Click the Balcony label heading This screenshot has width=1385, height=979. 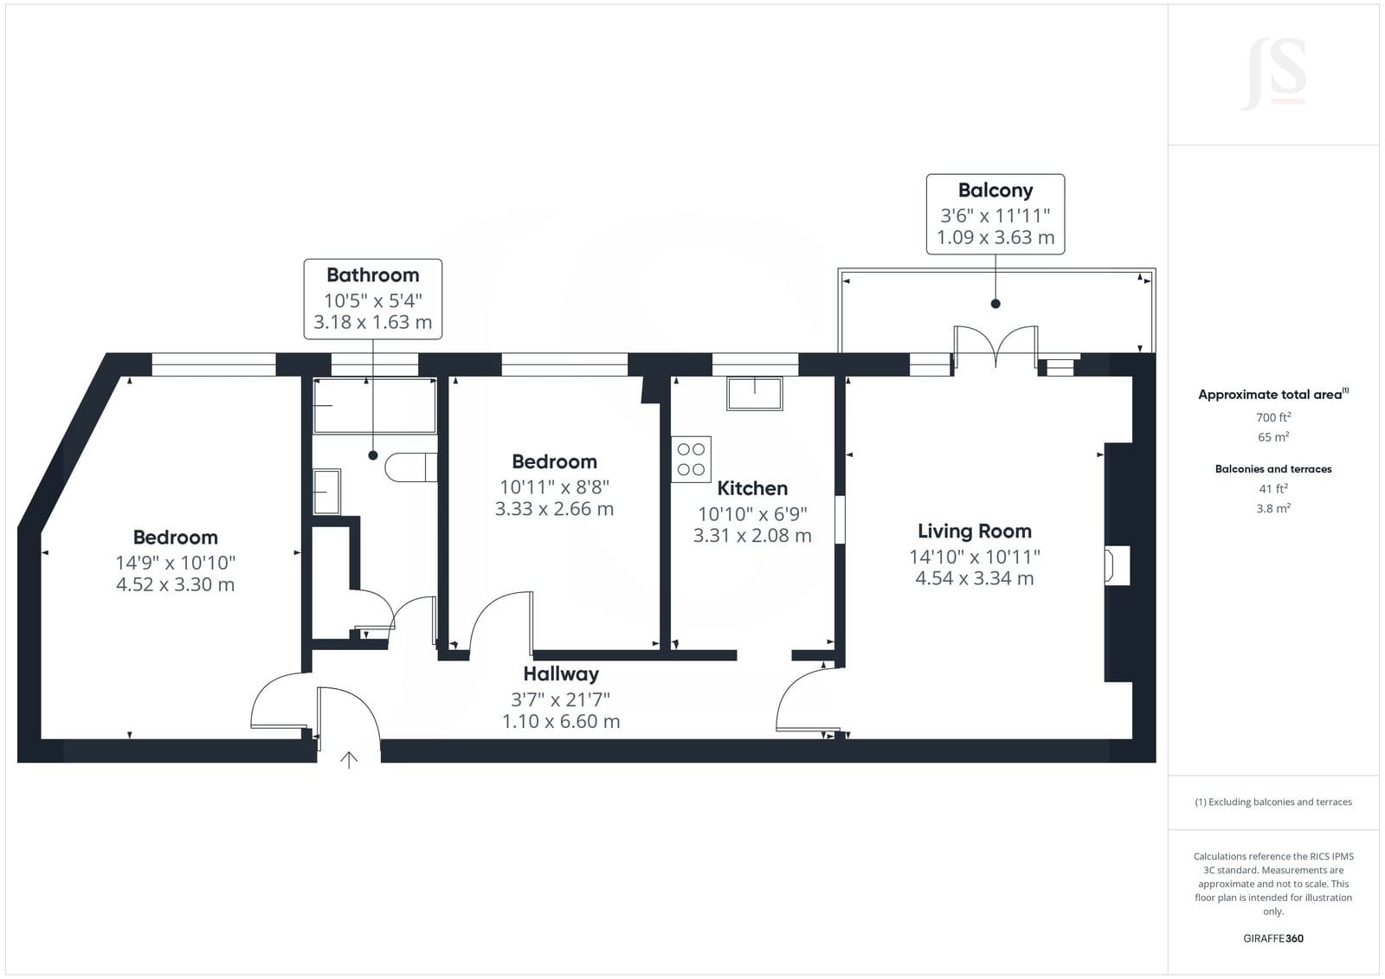(x=995, y=190)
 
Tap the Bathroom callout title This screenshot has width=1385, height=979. (x=373, y=275)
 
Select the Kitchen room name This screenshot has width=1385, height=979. (x=752, y=488)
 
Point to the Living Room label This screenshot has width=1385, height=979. (x=975, y=531)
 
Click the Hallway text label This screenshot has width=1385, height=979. (x=561, y=673)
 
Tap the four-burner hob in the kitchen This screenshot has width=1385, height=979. (x=692, y=460)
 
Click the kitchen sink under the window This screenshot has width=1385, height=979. (x=754, y=394)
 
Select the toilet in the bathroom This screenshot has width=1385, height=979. (x=410, y=467)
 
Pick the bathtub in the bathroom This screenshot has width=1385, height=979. (x=375, y=406)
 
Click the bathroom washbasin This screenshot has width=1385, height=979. (x=326, y=492)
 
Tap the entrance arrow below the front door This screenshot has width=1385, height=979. (x=349, y=760)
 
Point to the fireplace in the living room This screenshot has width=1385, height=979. (x=1118, y=565)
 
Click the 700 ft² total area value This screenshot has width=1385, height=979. (x=1273, y=417)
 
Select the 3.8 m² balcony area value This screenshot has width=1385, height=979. (x=1273, y=508)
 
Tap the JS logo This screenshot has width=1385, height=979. (x=1273, y=74)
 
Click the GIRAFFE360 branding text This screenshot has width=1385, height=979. (x=1273, y=938)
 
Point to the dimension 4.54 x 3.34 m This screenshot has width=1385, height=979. (x=975, y=578)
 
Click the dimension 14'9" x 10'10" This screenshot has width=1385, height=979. (x=176, y=563)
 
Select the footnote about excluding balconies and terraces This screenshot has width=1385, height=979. (x=1273, y=802)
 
